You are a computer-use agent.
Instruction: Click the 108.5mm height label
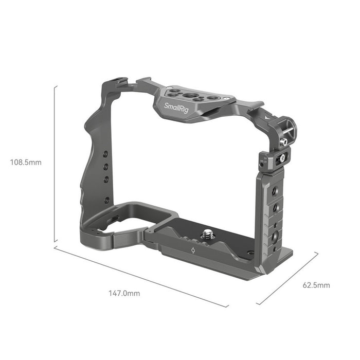(26, 163)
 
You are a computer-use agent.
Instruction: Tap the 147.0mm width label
(123, 294)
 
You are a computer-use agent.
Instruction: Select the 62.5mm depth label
(316, 285)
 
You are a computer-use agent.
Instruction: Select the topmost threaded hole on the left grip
(105, 154)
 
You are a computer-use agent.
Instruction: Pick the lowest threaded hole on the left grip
(106, 200)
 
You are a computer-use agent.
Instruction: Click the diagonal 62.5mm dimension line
(287, 278)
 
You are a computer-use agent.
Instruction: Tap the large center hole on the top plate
(191, 96)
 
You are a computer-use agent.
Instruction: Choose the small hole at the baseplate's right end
(249, 253)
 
